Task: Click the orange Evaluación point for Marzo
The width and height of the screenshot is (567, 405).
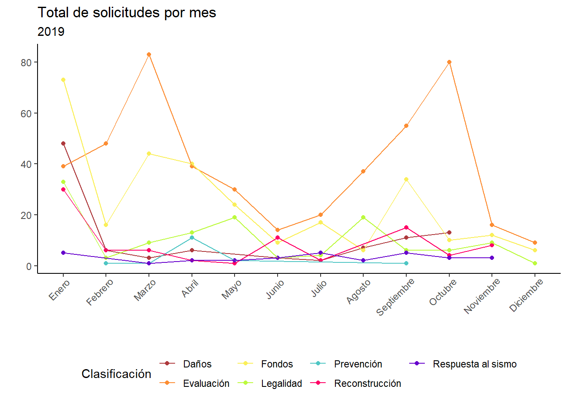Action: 149,54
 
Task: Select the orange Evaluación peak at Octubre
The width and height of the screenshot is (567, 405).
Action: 449,62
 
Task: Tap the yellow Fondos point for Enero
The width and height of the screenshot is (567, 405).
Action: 63,80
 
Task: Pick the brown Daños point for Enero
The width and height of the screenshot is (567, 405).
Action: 63,143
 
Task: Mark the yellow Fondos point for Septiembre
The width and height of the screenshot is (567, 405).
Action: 406,179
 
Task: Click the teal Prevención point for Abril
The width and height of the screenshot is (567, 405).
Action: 192,238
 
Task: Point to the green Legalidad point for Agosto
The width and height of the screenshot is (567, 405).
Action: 363,217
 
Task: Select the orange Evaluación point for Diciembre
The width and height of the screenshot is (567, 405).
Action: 535,243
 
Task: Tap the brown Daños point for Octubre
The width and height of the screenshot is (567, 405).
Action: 449,232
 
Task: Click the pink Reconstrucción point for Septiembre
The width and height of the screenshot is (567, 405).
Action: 406,227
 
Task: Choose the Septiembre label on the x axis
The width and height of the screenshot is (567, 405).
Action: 396,297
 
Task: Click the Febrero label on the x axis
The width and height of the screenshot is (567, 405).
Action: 100,292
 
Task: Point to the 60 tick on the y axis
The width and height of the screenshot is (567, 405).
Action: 26,113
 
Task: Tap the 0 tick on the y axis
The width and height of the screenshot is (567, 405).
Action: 29,266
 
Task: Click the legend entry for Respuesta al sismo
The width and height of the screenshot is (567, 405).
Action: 474,364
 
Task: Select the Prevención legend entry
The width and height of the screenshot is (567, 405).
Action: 358,364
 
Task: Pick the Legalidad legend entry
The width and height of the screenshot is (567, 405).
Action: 281,383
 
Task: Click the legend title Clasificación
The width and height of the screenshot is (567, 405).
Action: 116,374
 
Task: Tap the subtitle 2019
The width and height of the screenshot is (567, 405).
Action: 51,32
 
